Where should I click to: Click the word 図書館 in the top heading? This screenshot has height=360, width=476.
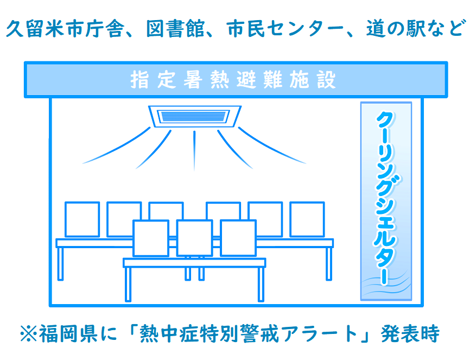pos(175,29)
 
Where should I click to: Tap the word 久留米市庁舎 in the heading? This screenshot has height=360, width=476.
pos(65,29)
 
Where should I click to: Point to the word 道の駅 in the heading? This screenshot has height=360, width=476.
pos(395,29)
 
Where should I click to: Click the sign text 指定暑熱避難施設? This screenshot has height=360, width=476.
pos(233,80)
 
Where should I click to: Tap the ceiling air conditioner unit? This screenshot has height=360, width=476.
pos(195,116)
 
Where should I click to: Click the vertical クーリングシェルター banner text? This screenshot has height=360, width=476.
pos(386,198)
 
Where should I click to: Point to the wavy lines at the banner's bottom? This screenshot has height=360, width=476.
pos(386,285)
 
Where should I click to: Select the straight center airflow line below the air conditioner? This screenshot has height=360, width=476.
pos(194,150)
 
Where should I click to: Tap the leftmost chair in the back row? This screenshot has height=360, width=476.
pos(82,219)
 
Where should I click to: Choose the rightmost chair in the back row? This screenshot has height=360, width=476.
pos(307,219)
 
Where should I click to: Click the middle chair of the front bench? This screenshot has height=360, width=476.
pos(195,238)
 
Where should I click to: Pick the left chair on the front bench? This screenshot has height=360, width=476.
pos(151,238)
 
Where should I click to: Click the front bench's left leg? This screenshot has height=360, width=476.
pos(128,285)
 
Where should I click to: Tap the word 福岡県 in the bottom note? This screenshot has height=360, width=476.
pos(68,333)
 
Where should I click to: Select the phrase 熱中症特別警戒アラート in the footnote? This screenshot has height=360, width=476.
pos(249,333)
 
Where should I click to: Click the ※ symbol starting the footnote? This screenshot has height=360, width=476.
pos(29,334)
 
